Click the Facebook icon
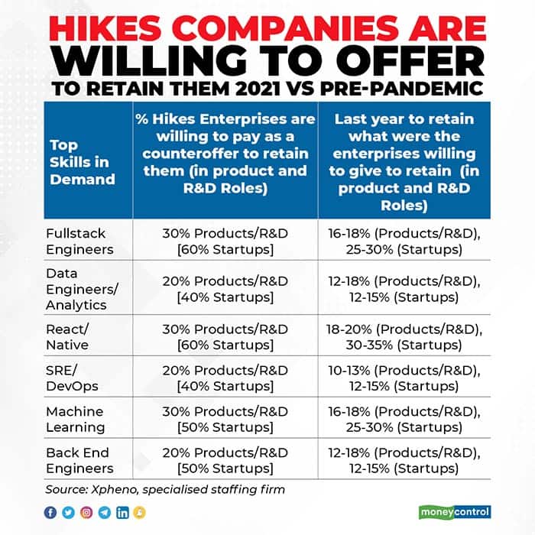50,512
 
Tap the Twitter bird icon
69,512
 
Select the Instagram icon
86,512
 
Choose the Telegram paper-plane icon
104,512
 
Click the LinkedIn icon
122,512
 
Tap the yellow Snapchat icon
139,512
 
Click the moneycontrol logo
455,511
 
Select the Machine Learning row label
75,420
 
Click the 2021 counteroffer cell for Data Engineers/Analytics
225,288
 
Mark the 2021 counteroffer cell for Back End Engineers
225,460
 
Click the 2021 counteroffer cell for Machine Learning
225,420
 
